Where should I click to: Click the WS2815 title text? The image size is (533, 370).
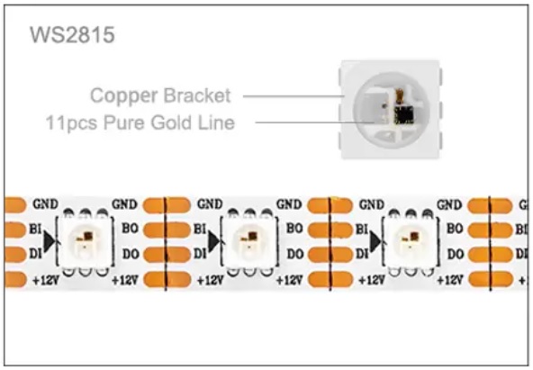click(72, 35)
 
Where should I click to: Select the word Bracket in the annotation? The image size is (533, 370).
click(197, 95)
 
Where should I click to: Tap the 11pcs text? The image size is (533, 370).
click(72, 123)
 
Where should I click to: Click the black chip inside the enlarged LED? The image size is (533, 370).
click(404, 114)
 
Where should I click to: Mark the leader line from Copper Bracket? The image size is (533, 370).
click(294, 96)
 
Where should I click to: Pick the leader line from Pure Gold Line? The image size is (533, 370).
click(314, 122)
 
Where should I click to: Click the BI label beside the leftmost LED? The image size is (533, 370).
click(35, 230)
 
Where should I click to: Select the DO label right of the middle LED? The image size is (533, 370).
click(294, 254)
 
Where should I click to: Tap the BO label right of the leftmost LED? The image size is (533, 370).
click(131, 229)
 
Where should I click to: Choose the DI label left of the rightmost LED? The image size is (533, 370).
click(361, 254)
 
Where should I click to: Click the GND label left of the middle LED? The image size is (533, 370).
click(210, 204)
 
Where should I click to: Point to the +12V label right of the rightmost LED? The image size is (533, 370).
click(450, 280)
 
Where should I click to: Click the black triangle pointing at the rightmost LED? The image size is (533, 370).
click(375, 240)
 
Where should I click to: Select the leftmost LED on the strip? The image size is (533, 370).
click(85, 241)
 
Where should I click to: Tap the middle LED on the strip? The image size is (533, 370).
click(249, 241)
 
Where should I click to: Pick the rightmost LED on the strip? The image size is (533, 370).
click(410, 241)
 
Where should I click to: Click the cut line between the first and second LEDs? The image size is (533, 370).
click(165, 243)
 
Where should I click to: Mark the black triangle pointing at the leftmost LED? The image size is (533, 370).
click(50, 241)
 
